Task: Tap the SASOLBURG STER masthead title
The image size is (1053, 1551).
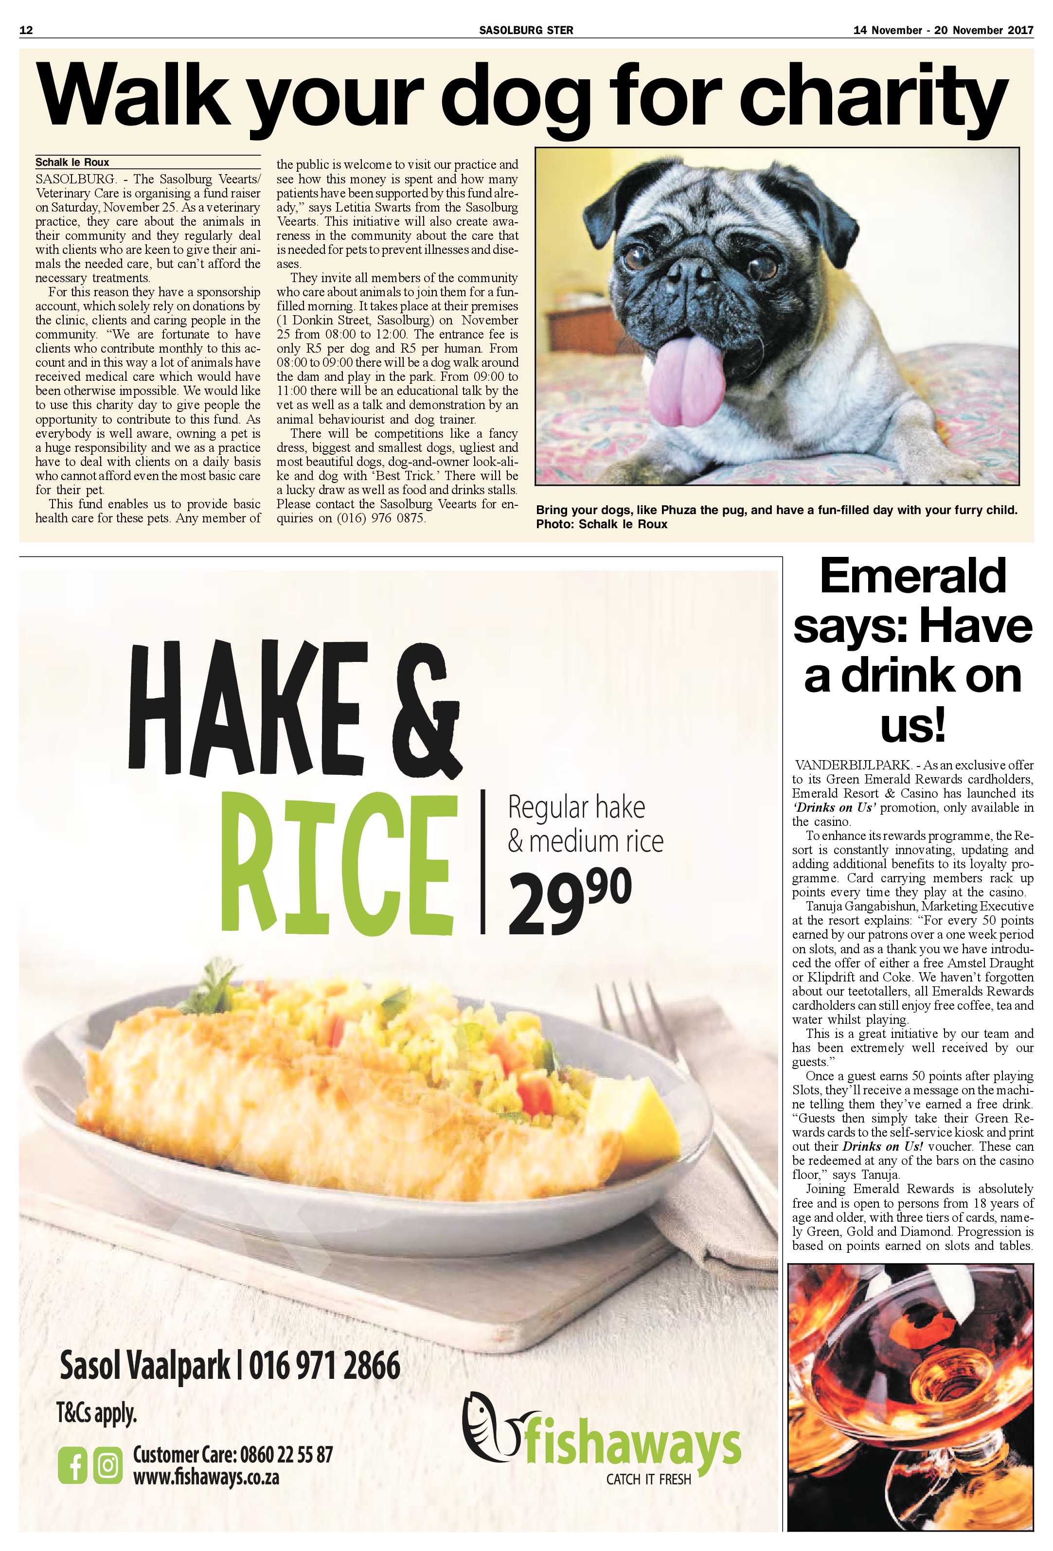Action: click(526, 30)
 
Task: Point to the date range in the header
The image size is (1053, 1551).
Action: click(943, 30)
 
